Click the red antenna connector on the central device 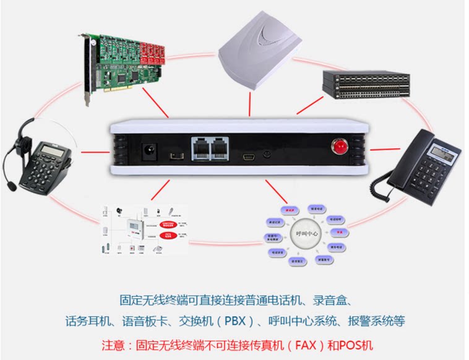click(x=339, y=147)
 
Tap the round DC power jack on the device click(x=149, y=150)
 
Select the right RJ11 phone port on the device click(x=221, y=148)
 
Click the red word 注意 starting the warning click(x=113, y=344)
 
